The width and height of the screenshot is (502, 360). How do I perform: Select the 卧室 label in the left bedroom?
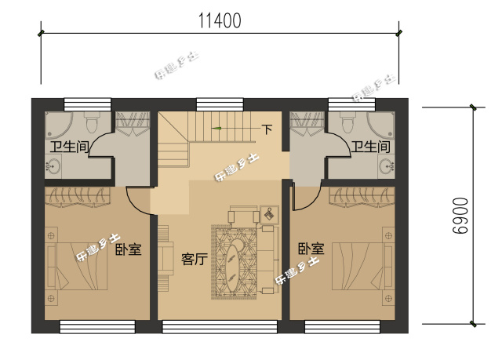(128, 250)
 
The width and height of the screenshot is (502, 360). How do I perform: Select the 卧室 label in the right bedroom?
(311, 249)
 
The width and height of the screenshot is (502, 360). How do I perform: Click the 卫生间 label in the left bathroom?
(68, 147)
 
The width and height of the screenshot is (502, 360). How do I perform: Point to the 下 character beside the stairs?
(267, 129)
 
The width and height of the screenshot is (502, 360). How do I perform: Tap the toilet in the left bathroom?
(89, 123)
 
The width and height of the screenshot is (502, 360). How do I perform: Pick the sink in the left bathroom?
(54, 166)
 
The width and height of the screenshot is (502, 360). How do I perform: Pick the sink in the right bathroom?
(386, 166)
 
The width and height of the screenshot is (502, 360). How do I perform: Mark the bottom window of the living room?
(220, 326)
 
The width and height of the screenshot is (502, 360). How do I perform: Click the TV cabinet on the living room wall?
(166, 259)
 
